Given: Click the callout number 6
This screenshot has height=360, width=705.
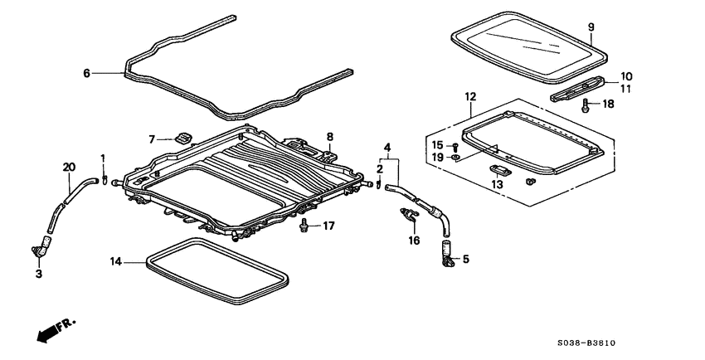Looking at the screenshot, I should (x=86, y=73).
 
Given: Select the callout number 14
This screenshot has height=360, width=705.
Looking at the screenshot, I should (x=116, y=261).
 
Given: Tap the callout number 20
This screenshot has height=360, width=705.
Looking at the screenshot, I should (x=69, y=167).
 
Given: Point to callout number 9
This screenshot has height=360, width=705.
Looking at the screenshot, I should (x=591, y=27).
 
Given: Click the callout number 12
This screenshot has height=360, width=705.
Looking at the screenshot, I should (x=470, y=97).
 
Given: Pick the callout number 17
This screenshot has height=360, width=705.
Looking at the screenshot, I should (x=328, y=226).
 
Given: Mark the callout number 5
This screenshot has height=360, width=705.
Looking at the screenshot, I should (x=465, y=259).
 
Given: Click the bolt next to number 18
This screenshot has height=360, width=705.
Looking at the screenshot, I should (x=586, y=105).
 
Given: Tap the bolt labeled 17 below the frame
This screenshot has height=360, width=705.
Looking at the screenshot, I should (x=305, y=224).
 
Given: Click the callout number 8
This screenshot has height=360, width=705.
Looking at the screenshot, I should (x=329, y=137).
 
